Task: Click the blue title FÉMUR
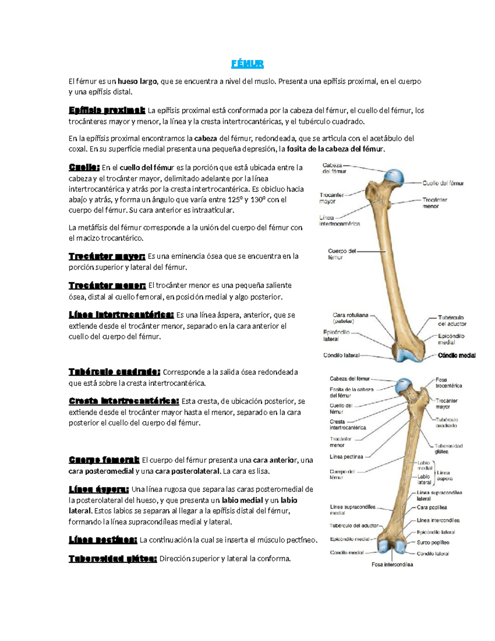[x=247, y=64]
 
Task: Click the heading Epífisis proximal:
[x=107, y=110]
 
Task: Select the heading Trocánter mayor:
[x=107, y=256]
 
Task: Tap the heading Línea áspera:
[x=99, y=490]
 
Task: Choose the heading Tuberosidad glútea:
[x=113, y=559]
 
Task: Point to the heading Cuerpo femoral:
[x=104, y=460]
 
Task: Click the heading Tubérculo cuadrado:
[x=114, y=372]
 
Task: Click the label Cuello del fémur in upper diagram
[x=443, y=183]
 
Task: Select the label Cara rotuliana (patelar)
[x=350, y=318]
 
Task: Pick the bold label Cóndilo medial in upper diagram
[x=457, y=355]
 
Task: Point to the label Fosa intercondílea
[x=392, y=564]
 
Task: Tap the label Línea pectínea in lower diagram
[x=346, y=457]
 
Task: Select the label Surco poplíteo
[x=433, y=542]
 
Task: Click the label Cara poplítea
[x=431, y=507]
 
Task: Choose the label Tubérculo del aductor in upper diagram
[x=452, y=321]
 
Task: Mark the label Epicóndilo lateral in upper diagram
[x=336, y=335]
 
